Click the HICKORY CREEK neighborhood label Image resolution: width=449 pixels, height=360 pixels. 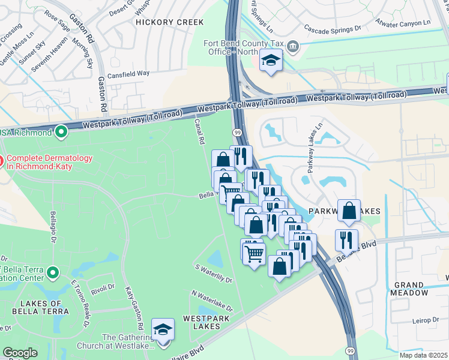point(170,22)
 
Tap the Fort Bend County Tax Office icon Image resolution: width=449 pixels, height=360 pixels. point(292,46)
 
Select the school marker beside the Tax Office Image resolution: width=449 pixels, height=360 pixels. point(271,61)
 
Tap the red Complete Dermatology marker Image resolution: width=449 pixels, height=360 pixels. point(2,161)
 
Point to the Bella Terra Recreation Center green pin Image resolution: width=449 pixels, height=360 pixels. point(53,273)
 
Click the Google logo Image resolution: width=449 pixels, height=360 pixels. point(20,353)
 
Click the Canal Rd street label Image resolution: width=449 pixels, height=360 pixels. point(199,131)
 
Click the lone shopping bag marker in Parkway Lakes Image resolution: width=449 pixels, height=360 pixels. point(349,211)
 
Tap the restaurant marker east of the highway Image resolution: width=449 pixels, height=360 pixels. point(346,240)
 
